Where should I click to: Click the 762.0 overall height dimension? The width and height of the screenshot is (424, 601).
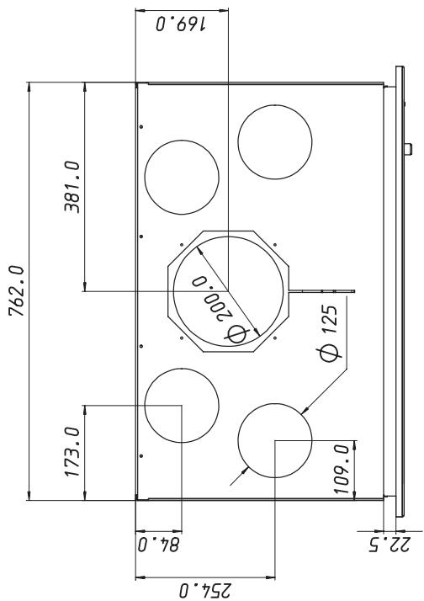pyautogui.click(x=17, y=290)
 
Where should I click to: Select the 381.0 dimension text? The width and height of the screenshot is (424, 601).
pyautogui.click(x=72, y=187)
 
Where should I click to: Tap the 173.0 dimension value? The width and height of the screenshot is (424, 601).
pyautogui.click(x=72, y=452)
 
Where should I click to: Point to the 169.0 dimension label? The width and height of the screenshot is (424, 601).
pyautogui.click(x=181, y=24)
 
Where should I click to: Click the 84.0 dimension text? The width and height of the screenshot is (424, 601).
pyautogui.click(x=158, y=545)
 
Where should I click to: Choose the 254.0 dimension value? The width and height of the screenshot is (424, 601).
pyautogui.click(x=205, y=590)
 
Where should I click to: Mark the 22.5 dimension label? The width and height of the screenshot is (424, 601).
pyautogui.click(x=390, y=545)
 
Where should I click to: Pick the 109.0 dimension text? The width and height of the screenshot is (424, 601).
pyautogui.click(x=342, y=469)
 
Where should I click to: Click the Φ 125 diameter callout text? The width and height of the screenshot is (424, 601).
pyautogui.click(x=330, y=332)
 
